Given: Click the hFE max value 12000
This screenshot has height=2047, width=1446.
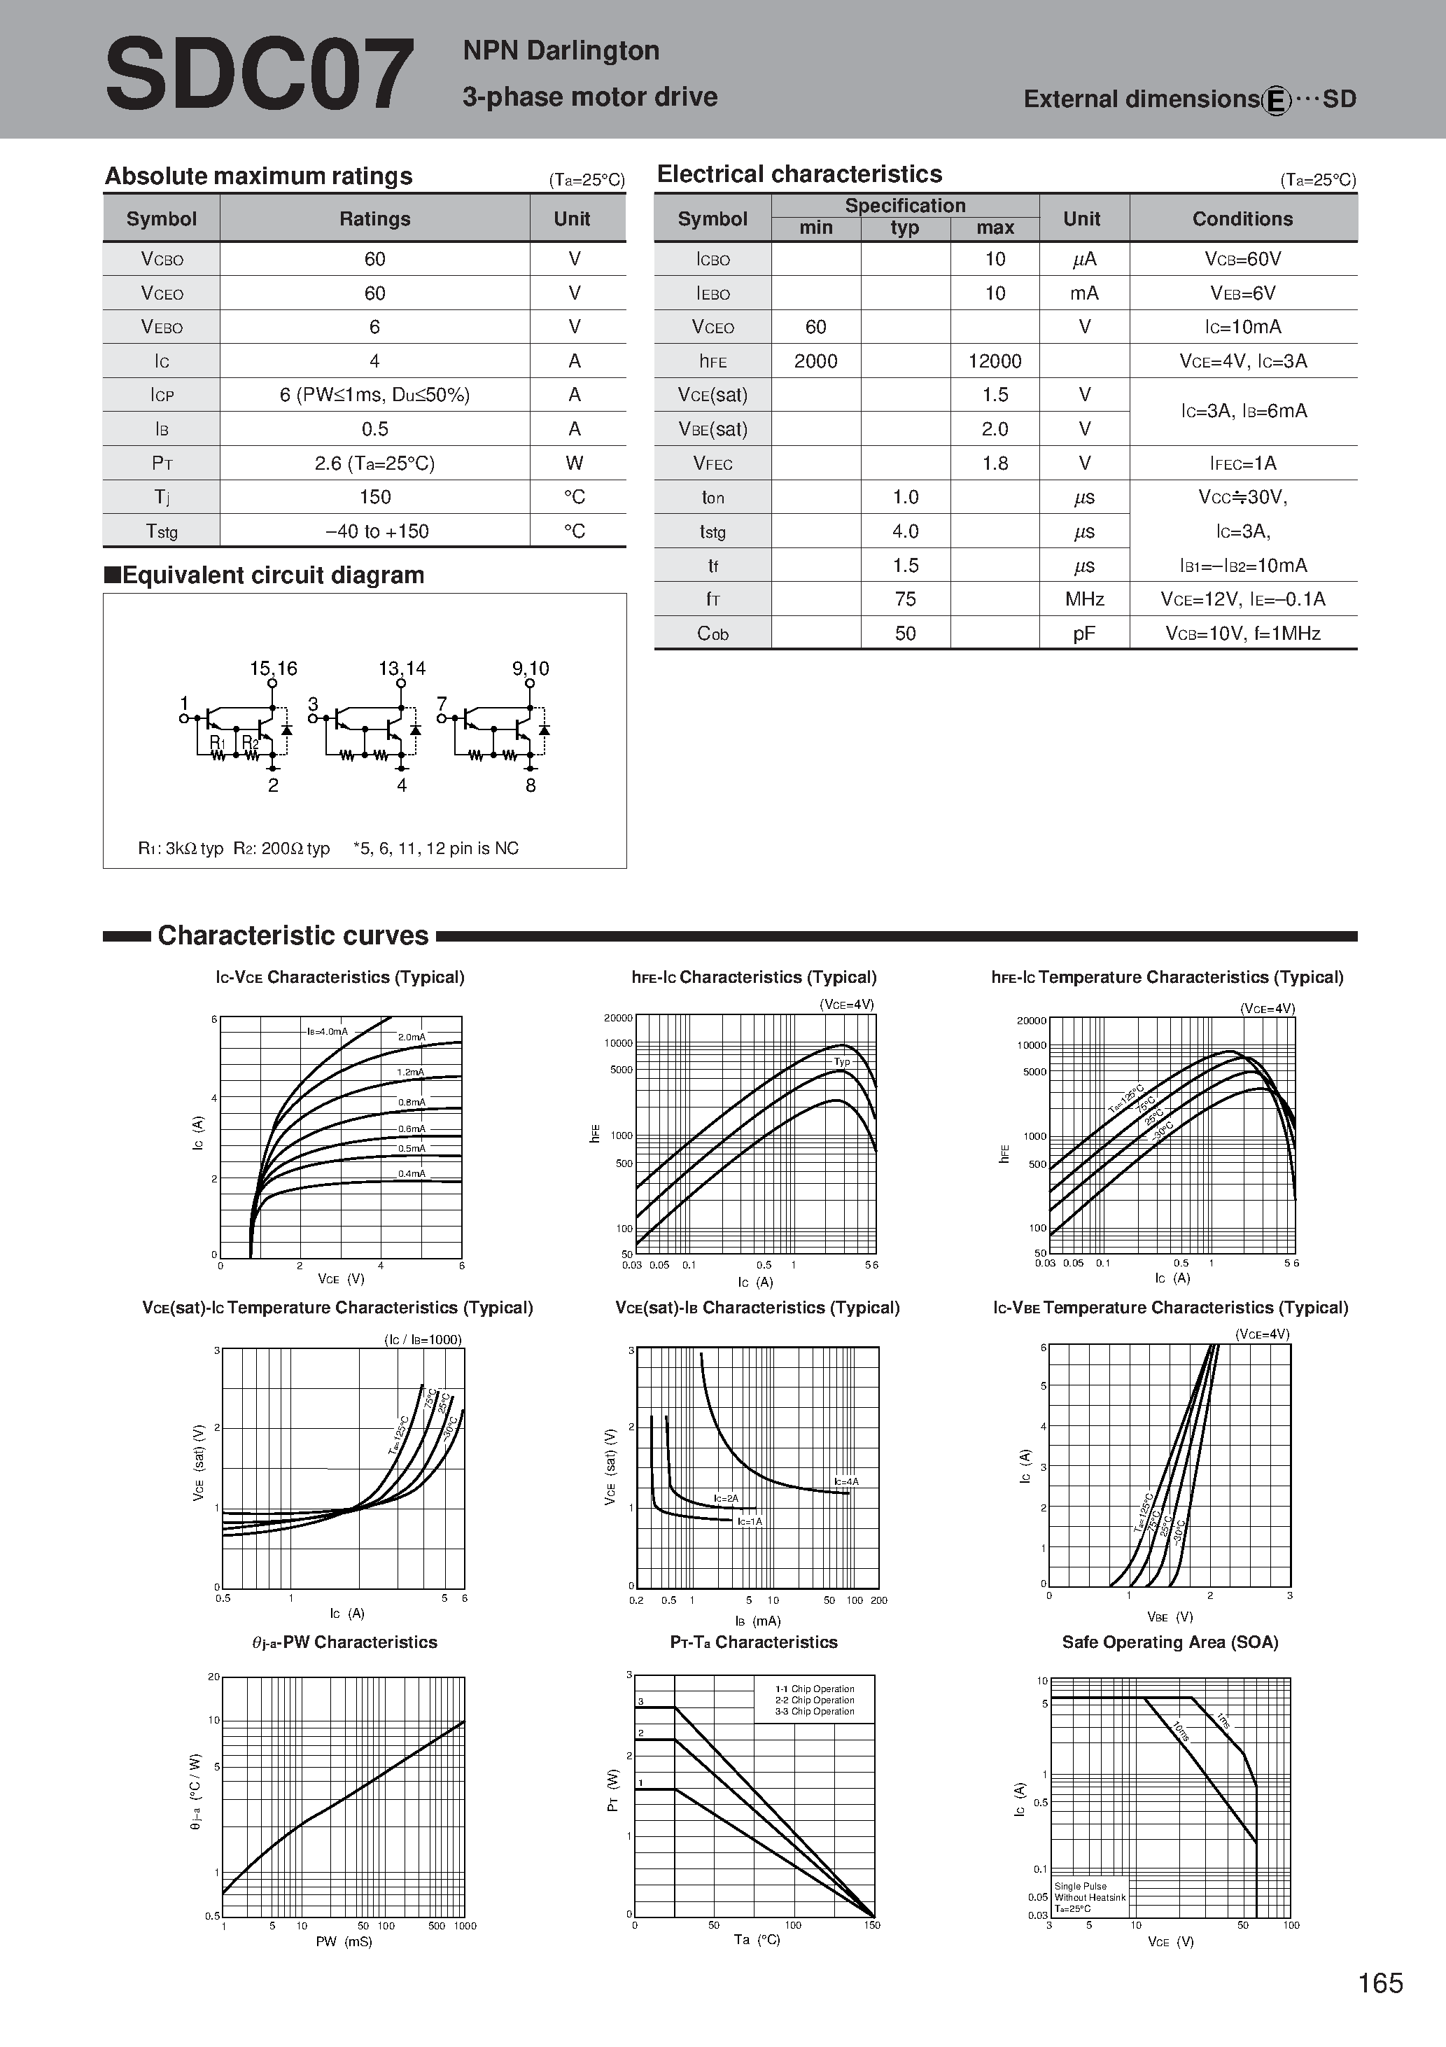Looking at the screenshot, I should [x=994, y=361].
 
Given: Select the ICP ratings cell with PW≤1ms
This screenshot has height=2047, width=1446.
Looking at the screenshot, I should [x=374, y=395].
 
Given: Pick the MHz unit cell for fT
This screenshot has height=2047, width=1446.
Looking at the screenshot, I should [x=1084, y=599].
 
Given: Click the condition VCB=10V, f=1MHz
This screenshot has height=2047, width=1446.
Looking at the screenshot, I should [x=1242, y=634].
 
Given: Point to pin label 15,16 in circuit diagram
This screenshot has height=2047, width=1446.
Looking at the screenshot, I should [x=273, y=669].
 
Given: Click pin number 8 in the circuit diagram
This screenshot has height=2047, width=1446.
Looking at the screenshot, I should [x=531, y=785].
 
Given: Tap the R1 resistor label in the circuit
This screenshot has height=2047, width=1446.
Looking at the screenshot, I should [x=218, y=743].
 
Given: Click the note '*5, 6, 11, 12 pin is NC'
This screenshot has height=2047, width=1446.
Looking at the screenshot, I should [x=436, y=848].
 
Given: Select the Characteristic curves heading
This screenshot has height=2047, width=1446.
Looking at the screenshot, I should [x=293, y=935].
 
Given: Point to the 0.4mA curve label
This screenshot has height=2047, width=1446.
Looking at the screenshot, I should [x=411, y=1173].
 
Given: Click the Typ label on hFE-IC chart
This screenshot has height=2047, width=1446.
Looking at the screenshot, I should [x=841, y=1062].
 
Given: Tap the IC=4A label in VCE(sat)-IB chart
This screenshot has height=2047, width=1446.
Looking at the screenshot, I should [x=846, y=1482].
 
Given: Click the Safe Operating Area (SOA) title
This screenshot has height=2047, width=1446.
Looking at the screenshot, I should [x=1170, y=1642].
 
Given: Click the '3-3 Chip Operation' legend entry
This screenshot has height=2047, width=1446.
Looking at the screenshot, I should [x=814, y=1712].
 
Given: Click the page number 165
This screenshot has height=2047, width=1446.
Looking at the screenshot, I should [x=1380, y=1983].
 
